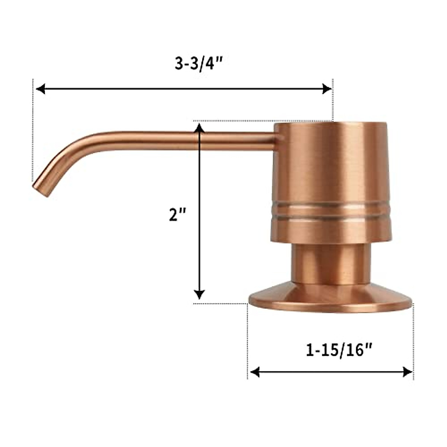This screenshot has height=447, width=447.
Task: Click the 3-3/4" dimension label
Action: (x=199, y=64)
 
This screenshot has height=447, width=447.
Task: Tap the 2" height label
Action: (x=177, y=215)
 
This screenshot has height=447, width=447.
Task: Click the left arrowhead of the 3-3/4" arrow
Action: (x=40, y=89)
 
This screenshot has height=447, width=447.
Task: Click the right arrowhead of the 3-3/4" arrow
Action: (x=326, y=89)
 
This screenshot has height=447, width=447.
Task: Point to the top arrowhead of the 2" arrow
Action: (x=200, y=129)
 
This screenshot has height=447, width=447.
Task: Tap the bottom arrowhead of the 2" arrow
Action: (x=200, y=294)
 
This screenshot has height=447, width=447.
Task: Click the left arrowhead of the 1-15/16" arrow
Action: (x=255, y=372)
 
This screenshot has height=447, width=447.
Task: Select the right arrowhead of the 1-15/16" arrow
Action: (x=408, y=372)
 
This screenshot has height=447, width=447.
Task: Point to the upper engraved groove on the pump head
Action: (x=331, y=205)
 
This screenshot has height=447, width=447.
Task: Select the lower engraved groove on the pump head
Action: (x=331, y=216)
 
